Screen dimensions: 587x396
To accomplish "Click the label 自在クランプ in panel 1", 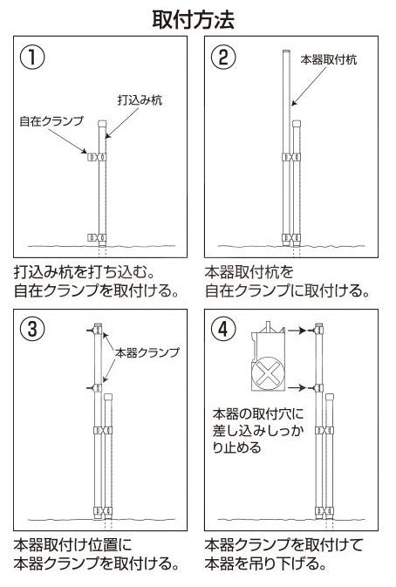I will point(50,122).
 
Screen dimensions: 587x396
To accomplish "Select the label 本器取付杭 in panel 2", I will point(329,59).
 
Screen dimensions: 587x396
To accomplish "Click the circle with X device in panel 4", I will point(272,378).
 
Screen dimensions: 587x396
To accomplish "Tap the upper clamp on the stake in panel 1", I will point(97,157).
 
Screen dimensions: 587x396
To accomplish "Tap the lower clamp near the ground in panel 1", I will point(97,236).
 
